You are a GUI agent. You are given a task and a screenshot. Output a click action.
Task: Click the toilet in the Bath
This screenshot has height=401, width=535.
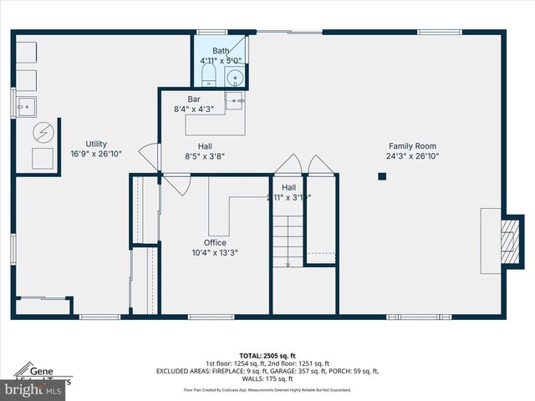point(209,79)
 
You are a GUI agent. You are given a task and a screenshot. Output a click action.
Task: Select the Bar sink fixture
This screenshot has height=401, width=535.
point(235,101)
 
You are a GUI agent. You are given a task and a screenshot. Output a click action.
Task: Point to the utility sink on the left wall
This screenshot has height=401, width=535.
point(25,106)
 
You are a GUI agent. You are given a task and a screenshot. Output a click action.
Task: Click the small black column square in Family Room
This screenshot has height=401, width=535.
point(382,176)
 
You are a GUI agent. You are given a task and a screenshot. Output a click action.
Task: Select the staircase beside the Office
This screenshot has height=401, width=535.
point(287,241)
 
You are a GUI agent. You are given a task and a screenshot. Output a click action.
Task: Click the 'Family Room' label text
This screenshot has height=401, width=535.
point(412,146)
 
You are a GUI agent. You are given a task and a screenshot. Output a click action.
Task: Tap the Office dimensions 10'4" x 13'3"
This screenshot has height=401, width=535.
point(215,253)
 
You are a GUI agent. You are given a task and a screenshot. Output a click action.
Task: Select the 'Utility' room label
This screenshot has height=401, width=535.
point(96,144)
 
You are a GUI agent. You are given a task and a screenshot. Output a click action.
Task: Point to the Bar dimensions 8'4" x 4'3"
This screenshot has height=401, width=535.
point(194,109)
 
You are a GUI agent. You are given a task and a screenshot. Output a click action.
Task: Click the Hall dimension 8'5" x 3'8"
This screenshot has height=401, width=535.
point(205,155)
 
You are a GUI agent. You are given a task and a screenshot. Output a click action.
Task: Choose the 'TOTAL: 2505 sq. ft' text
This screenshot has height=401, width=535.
point(267,356)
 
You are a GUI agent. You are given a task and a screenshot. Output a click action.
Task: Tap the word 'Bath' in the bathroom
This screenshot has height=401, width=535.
point(221,51)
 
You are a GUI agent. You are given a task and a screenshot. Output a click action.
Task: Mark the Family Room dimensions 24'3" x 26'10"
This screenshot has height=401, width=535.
point(412,156)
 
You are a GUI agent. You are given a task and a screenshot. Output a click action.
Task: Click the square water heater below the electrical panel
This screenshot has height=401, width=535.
point(42,159)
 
